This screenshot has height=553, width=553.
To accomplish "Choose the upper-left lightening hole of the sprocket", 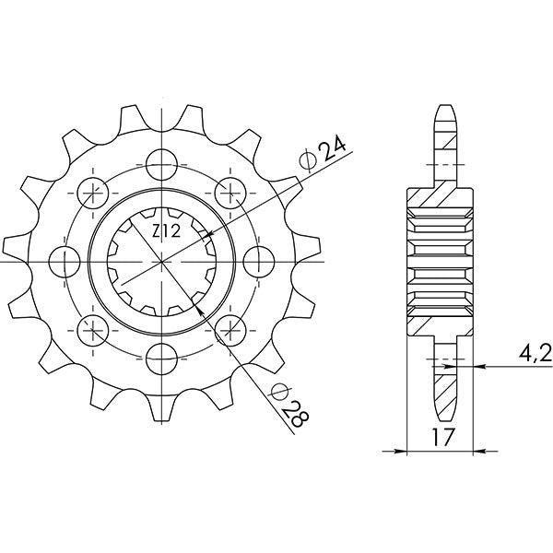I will [93, 191].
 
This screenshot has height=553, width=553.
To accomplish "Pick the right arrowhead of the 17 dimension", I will [471, 452].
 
